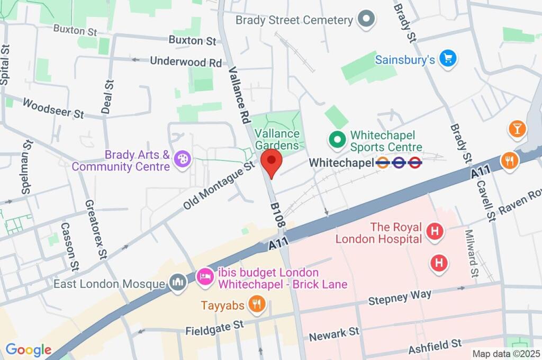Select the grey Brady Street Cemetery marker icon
pos(366,20)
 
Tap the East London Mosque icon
pos(178,284)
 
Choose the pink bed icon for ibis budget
pos(205,276)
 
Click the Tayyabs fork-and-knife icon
pos(257,305)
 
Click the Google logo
pos(28,349)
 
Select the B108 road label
pos(278,215)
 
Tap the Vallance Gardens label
pos(276,140)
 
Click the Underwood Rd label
pos(185,61)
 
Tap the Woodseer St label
pos(53,107)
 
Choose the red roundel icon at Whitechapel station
pos(415,163)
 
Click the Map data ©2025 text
pos(506,354)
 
